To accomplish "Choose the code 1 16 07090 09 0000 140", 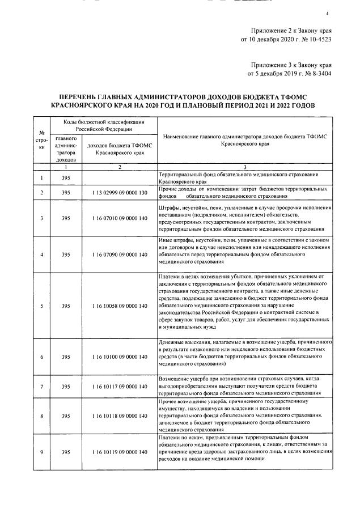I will pyautogui.click(x=119, y=254).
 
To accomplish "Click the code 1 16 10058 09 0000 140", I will pyautogui.click(x=119, y=306).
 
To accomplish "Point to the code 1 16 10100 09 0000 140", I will pyautogui.click(x=119, y=357).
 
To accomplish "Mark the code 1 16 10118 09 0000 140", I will pyautogui.click(x=119, y=416).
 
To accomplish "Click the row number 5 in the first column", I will pyautogui.click(x=41, y=306).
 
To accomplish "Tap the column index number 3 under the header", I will pyautogui.click(x=245, y=167).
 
